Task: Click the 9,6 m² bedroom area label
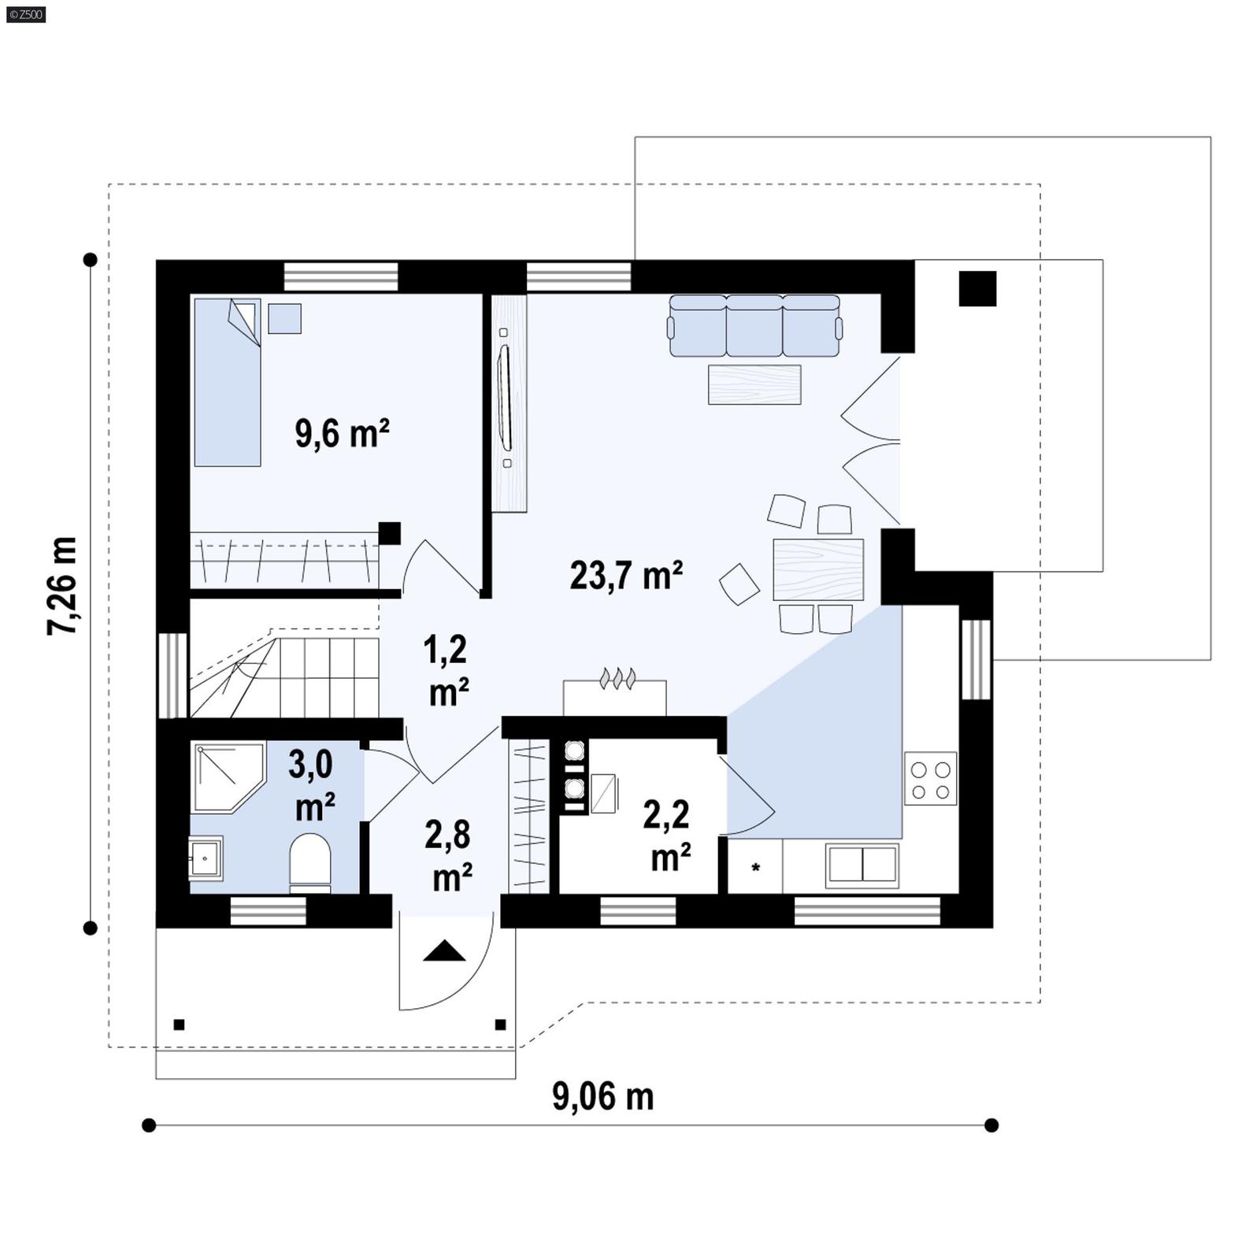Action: point(342,433)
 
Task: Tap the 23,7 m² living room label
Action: point(626,576)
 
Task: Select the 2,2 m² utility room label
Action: point(668,835)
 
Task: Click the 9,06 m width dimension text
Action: point(602,1096)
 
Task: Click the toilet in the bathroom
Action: point(310,862)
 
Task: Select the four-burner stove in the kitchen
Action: point(930,778)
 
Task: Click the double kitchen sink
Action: point(862,865)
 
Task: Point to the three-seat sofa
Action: point(754,325)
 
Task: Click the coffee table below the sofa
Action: point(754,384)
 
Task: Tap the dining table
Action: point(818,570)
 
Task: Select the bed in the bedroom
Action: point(228,383)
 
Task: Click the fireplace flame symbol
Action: point(618,678)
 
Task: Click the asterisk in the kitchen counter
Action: point(756,868)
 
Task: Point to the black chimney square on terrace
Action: point(977,288)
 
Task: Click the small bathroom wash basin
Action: point(206,857)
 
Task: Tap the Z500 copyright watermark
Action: point(25,13)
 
